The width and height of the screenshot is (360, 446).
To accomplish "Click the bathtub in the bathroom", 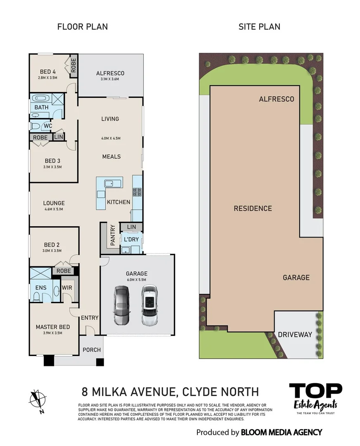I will (x=41, y=99).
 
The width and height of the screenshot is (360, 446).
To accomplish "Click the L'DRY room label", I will (x=131, y=240).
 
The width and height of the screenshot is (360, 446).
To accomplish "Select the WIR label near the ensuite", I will (x=67, y=287).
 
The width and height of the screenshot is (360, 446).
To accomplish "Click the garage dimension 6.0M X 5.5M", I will (x=137, y=280).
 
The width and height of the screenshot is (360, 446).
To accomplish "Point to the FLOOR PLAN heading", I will (x=82, y=27).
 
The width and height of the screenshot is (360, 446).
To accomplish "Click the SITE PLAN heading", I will (x=259, y=27).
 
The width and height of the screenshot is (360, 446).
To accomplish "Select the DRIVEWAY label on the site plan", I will (x=294, y=334).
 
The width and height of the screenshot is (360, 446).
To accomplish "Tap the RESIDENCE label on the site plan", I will (x=253, y=209).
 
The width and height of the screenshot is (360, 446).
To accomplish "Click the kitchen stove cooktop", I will (x=137, y=192).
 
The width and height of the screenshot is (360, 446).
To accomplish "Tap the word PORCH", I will (x=92, y=350).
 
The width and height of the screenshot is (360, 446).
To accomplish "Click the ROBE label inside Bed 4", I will (x=74, y=66).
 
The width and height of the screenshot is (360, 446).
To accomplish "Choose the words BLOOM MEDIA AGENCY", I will (x=281, y=432).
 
